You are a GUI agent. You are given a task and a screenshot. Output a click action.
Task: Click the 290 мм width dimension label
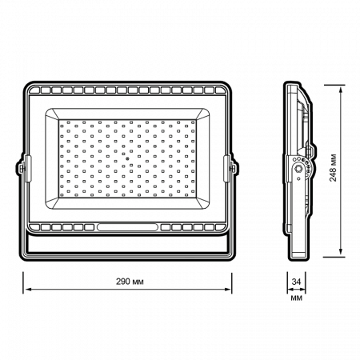coord(130,282)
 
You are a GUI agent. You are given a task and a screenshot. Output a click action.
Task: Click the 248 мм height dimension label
coord(333,168)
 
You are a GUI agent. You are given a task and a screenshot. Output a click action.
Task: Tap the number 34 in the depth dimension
coord(296,282)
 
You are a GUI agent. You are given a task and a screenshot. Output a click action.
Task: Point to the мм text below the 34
coord(296,298)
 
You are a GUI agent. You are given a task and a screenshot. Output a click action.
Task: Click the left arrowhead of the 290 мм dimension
coord(27,289)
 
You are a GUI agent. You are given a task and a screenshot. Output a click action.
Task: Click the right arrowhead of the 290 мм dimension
coord(228,289)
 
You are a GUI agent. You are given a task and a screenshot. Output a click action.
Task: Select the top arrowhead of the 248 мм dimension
coord(341,90)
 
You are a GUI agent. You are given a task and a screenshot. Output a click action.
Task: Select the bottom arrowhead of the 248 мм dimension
coord(341,253)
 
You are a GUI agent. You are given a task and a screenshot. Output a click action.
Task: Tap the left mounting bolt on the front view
coord(22,168)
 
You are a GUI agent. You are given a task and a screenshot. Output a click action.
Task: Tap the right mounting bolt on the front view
coord(233,168)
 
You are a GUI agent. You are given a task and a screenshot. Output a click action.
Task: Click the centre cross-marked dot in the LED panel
coord(127,158)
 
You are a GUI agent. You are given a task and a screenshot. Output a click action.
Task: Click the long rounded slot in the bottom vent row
coord(127,227)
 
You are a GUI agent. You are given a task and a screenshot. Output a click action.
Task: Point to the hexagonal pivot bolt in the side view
coord(298,169)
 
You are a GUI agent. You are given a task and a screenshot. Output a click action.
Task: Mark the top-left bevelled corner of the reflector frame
coord(52,114)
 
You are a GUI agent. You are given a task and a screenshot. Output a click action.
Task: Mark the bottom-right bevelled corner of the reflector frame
coord(202,203)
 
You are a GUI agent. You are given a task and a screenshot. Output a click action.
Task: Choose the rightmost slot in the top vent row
coord(219,90)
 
